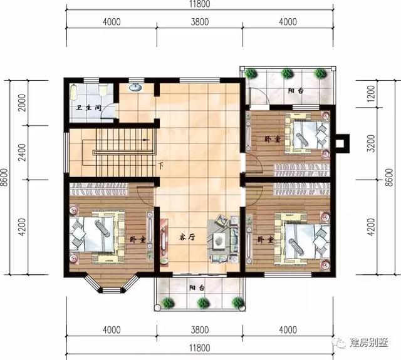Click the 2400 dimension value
[x=23, y=153]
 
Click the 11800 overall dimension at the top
[x=200, y=6]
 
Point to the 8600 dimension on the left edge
[x=6, y=179]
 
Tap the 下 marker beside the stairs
[x=161, y=166]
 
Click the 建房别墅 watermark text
[x=369, y=343]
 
